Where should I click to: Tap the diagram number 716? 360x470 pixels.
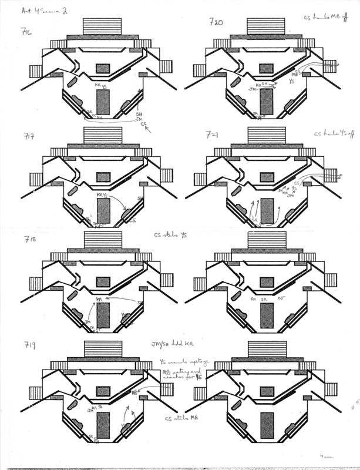pyautogui.click(x=25, y=31)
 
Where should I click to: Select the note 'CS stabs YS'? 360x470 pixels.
pyautogui.click(x=168, y=236)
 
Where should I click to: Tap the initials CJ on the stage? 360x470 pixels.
pyautogui.click(x=281, y=299)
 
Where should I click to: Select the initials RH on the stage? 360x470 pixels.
pyautogui.click(x=253, y=299)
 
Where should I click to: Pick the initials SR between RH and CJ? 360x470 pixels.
pyautogui.click(x=265, y=299)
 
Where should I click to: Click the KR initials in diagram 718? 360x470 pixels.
pyautogui.click(x=100, y=300)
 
